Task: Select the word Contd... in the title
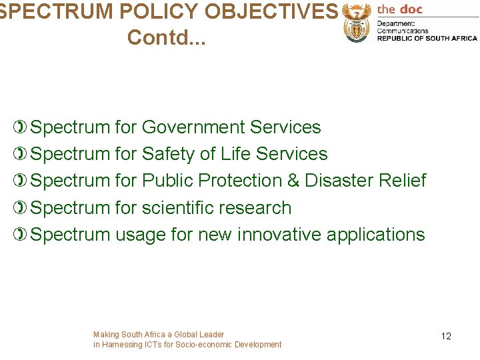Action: [167, 37]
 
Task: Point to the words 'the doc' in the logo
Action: [400, 9]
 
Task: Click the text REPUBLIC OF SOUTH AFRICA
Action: [427, 39]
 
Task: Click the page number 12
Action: [446, 336]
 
